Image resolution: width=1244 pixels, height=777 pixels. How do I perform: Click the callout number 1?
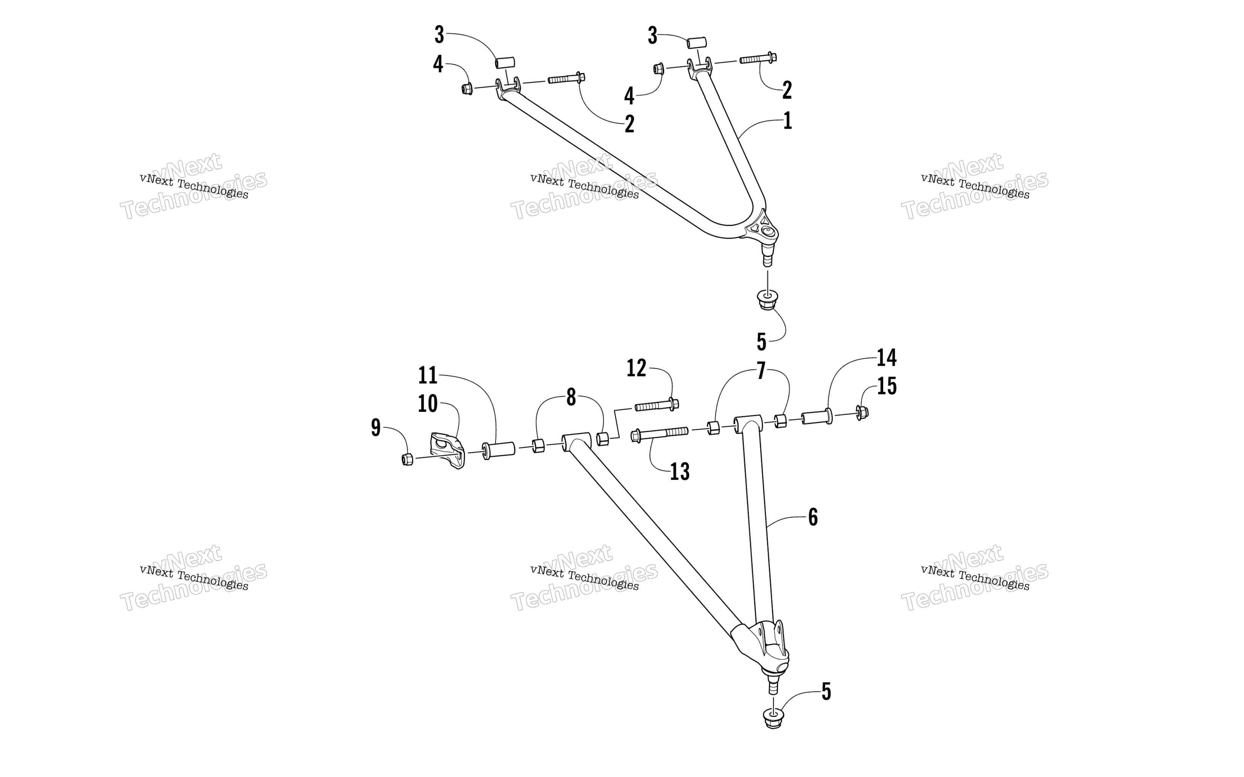point(787,121)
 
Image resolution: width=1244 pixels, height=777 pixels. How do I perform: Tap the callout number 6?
point(813,517)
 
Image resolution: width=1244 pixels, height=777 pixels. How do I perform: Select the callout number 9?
point(376,428)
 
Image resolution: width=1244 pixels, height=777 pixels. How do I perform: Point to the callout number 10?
point(427,404)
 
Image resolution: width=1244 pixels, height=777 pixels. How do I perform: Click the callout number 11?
point(427,376)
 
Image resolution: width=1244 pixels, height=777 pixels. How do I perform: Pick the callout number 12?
point(636,368)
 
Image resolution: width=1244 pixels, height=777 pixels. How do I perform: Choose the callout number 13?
point(680,471)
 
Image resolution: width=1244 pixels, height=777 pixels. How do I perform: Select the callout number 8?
point(571,397)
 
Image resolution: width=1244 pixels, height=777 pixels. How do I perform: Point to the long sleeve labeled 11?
point(499,450)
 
